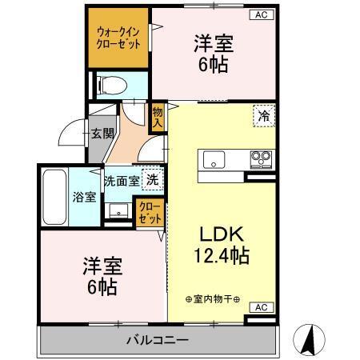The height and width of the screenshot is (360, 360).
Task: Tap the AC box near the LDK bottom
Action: click(260, 306)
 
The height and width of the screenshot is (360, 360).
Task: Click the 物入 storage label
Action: click(158, 118)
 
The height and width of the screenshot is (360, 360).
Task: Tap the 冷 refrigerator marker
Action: click(262, 115)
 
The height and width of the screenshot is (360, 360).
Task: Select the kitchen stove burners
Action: click(261, 156)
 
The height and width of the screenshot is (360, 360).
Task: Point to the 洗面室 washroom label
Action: click(122, 181)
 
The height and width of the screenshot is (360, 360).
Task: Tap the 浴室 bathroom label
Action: click(85, 197)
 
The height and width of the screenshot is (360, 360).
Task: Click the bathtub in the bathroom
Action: click(54, 196)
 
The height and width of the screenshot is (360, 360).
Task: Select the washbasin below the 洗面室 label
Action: click(118, 210)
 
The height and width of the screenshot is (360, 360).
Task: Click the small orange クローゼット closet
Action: click(150, 214)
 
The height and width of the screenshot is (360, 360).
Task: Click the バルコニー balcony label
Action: click(157, 340)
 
